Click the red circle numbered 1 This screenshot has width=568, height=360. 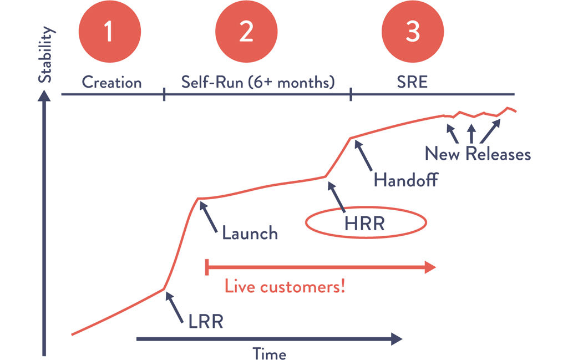(109, 32)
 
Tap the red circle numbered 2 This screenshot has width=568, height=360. (246, 32)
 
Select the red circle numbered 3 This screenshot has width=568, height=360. (412, 32)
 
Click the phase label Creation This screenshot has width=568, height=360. (112, 83)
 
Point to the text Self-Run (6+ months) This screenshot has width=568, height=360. (258, 83)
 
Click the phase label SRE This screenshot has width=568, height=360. (412, 83)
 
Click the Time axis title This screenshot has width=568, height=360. (270, 353)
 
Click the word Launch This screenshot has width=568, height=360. (250, 232)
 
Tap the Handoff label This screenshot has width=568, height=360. (407, 180)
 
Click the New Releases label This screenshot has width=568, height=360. (478, 153)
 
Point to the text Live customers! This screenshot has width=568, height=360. (285, 287)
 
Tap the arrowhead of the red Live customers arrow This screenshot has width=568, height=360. (429, 268)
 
